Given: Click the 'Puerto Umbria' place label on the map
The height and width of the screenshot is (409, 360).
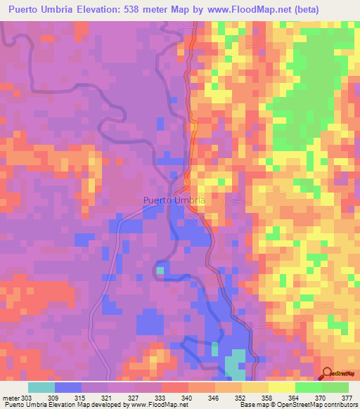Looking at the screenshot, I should (174, 200).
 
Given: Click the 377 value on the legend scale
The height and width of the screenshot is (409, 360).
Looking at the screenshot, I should (346, 398).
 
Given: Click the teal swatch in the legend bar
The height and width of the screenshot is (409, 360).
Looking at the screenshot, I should (41, 388).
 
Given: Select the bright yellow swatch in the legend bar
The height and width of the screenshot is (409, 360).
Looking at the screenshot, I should (281, 388).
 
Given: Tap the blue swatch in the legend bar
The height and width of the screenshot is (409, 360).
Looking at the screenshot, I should (68, 388).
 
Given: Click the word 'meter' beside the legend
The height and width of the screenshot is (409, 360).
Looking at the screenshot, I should (11, 398).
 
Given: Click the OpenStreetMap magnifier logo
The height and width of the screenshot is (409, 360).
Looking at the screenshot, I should (327, 374).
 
